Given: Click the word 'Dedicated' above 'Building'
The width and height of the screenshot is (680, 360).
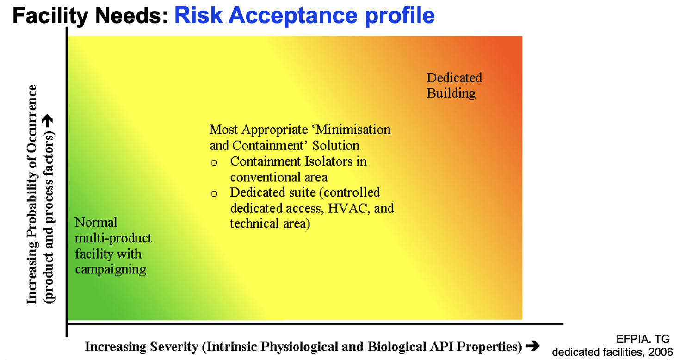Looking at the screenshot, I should click(454, 78).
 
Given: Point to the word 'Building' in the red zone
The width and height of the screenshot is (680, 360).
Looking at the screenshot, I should click(451, 93).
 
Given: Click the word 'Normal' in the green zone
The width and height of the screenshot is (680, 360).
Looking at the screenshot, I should click(96, 222).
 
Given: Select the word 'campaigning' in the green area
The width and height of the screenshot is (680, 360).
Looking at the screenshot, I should click(111, 269).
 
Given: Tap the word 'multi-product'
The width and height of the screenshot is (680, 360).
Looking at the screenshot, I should click(113, 238).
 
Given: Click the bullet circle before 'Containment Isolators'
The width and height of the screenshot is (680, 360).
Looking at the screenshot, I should click(213, 162).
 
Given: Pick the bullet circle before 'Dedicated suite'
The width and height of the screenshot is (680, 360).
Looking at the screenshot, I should click(213, 194).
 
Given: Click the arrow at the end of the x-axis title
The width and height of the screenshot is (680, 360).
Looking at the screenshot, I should click(533, 346).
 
